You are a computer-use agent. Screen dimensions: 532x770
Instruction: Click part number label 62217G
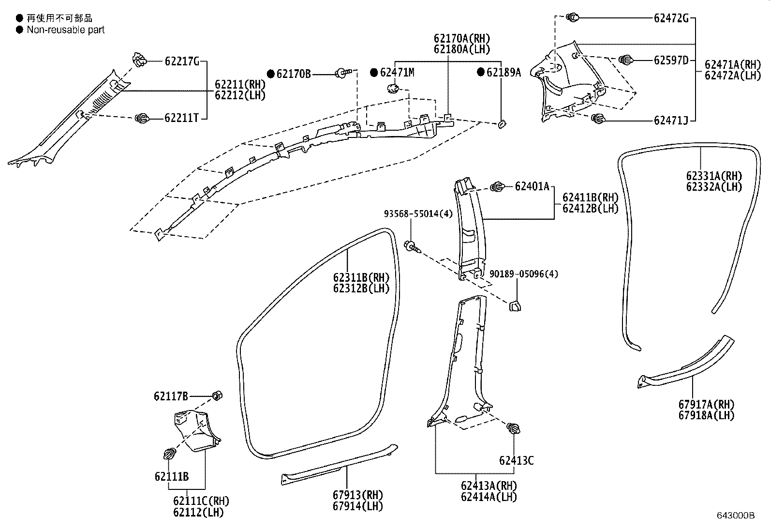(182, 61)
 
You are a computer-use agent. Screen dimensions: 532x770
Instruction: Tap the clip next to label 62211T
(142, 118)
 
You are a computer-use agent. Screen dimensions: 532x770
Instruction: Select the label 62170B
(294, 74)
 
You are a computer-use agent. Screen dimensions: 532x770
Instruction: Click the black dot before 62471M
(374, 73)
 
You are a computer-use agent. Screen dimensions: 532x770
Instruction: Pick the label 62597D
(671, 61)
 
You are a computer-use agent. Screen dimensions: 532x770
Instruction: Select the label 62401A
(532, 186)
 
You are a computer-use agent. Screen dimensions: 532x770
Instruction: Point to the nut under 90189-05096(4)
(515, 306)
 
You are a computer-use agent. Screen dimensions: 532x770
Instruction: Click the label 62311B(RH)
(361, 278)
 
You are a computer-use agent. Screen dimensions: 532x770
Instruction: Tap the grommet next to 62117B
(217, 395)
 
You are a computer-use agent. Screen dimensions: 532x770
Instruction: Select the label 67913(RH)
(357, 495)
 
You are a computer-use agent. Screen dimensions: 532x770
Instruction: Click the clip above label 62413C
(513, 428)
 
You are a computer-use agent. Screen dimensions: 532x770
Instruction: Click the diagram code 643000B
(736, 516)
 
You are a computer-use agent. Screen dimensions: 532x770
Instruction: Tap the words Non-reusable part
(65, 30)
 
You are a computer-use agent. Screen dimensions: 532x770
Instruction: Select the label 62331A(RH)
(713, 176)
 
